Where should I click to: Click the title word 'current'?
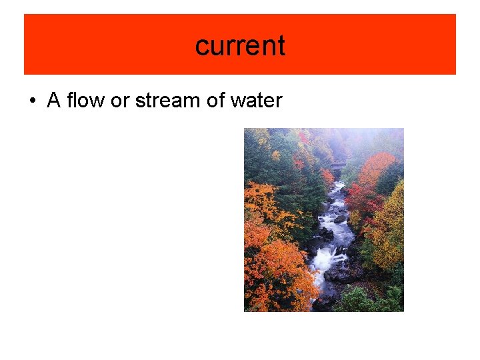click(240, 45)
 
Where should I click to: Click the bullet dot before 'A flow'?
click(31, 101)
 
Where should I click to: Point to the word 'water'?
click(255, 101)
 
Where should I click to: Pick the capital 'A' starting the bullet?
click(54, 101)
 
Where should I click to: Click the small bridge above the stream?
click(338, 165)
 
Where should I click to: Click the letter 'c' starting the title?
click(201, 45)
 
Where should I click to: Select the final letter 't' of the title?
click(281, 45)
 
